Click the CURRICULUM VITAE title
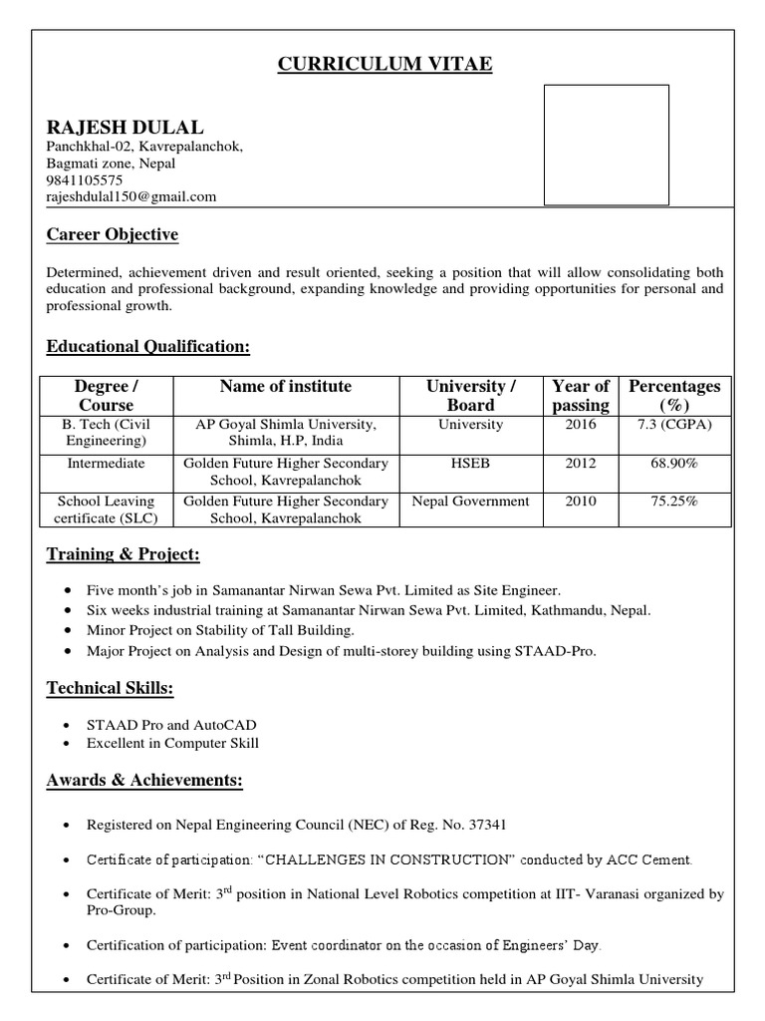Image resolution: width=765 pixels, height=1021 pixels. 384,65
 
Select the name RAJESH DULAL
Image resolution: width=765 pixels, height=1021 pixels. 125,127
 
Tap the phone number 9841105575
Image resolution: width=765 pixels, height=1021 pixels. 85,180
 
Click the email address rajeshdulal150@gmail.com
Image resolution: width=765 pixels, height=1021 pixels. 131,196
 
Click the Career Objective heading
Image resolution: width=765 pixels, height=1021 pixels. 113,235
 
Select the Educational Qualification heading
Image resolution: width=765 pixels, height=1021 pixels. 148,346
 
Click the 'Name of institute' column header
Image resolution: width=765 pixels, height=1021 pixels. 286,387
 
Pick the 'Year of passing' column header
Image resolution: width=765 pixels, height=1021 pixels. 581,396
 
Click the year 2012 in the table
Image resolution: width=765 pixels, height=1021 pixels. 581,464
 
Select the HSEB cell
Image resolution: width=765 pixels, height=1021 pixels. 471,464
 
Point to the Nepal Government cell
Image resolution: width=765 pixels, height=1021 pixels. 471,502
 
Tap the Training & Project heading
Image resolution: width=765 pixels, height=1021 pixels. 124,553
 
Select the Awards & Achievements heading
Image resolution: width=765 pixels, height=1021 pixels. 144,780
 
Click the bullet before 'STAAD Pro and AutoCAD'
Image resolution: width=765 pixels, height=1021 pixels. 66,725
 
